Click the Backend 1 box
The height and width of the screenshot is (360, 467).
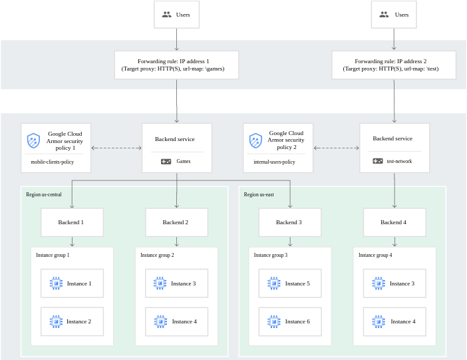(72, 222)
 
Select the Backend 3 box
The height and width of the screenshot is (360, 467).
(289, 222)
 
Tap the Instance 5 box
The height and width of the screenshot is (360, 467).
(289, 283)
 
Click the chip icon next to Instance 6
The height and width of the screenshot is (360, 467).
(274, 321)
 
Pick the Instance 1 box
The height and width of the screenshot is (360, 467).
(72, 283)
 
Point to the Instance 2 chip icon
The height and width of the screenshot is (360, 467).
(56, 321)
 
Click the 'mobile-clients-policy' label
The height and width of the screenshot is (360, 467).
(52, 162)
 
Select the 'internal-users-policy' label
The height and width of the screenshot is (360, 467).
(274, 162)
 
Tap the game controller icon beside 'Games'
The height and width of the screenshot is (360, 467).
(166, 161)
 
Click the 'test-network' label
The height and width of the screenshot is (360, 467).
(399, 161)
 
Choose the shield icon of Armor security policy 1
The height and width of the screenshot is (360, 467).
(33, 140)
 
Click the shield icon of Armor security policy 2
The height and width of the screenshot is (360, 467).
(255, 140)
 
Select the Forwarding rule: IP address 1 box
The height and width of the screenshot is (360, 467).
(177, 65)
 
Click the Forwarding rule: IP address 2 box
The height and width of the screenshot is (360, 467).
(394, 65)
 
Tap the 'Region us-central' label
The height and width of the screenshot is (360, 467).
(44, 195)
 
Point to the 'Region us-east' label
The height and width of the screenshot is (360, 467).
(259, 195)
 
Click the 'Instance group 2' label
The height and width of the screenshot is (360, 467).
(157, 255)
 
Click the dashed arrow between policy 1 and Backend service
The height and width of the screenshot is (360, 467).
(116, 148)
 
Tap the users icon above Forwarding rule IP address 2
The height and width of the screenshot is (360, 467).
(384, 15)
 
